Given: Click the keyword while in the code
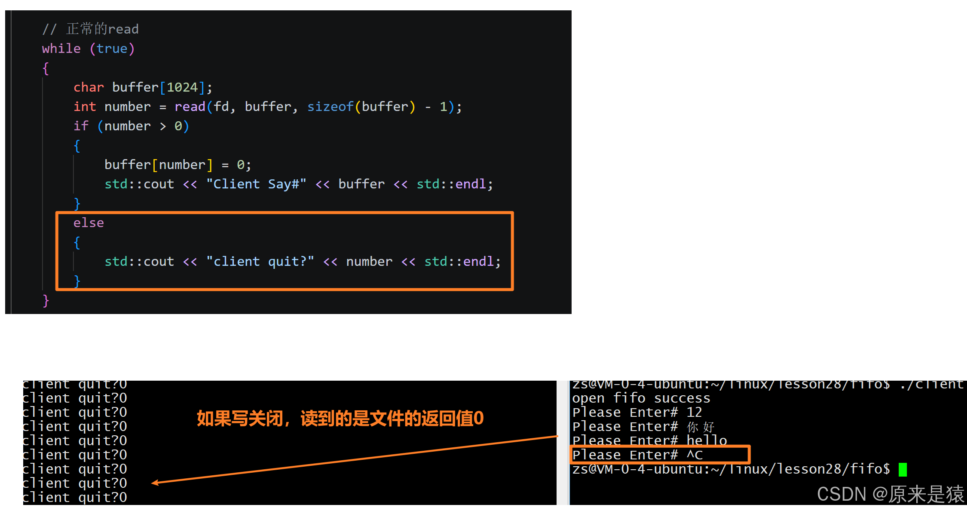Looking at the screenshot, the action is [61, 49].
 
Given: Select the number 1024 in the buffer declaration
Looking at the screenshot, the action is [182, 87].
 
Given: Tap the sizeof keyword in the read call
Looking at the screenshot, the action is [330, 107].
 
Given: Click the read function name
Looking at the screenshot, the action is [190, 107].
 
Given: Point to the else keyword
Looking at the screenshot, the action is [89, 223].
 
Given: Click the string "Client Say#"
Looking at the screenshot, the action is [256, 184].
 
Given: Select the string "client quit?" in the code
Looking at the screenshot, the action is [260, 262].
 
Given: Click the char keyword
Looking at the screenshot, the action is [89, 87].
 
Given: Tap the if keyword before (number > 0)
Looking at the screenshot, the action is [81, 126].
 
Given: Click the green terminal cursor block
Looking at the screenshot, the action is [903, 469].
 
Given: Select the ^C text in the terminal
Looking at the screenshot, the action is [695, 455].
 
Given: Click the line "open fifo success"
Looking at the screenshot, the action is [641, 398].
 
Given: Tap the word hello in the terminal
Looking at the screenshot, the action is [707, 440].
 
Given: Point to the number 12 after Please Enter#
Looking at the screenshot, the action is [694, 412].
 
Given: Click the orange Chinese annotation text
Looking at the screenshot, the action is [340, 419].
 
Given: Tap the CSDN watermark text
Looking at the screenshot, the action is [890, 494].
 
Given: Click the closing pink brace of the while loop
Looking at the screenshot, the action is [46, 301].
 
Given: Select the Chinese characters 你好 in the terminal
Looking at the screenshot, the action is [701, 427].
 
